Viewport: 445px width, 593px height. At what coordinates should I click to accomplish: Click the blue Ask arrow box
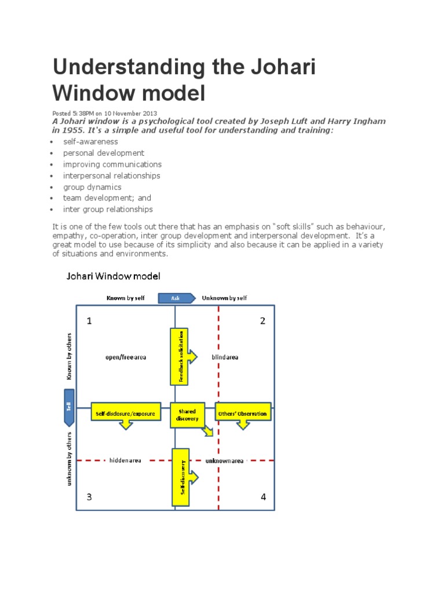[x=175, y=298]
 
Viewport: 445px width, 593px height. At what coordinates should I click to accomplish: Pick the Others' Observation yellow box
[x=243, y=413]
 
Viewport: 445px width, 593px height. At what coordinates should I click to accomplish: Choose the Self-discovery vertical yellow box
[x=180, y=477]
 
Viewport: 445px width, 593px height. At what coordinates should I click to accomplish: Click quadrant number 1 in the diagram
[x=89, y=321]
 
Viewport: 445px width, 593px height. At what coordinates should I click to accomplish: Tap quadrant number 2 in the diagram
[x=262, y=321]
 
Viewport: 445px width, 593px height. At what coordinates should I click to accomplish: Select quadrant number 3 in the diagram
[x=89, y=497]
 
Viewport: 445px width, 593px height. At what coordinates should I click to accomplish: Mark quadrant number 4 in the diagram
[x=263, y=497]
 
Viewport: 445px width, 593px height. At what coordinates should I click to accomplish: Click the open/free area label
[x=125, y=357]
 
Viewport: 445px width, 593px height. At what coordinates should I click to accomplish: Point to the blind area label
[x=225, y=357]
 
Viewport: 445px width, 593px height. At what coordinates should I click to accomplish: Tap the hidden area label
[x=125, y=460]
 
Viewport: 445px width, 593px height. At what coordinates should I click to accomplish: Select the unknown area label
[x=225, y=460]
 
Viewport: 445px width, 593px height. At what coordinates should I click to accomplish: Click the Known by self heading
[x=126, y=298]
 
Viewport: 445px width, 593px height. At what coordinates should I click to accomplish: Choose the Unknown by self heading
[x=224, y=298]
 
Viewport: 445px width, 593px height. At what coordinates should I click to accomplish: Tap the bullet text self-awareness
[x=91, y=142]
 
